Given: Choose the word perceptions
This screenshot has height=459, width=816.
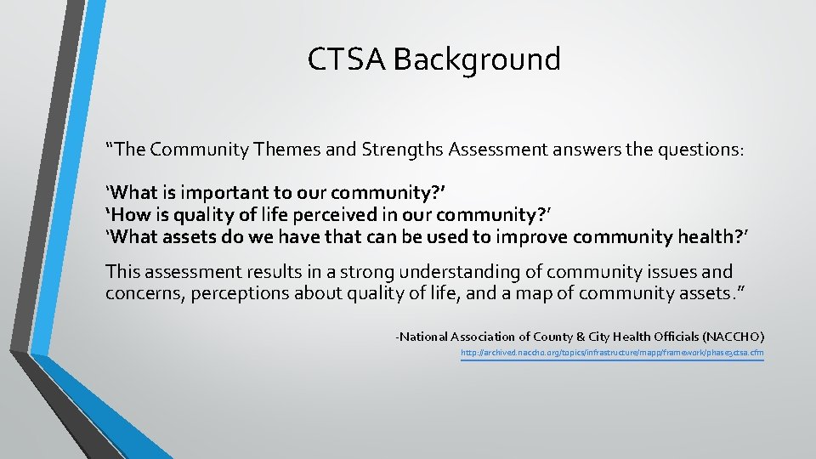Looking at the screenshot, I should tap(241, 294).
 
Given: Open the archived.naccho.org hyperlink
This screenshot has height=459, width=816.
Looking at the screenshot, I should tap(612, 352).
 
